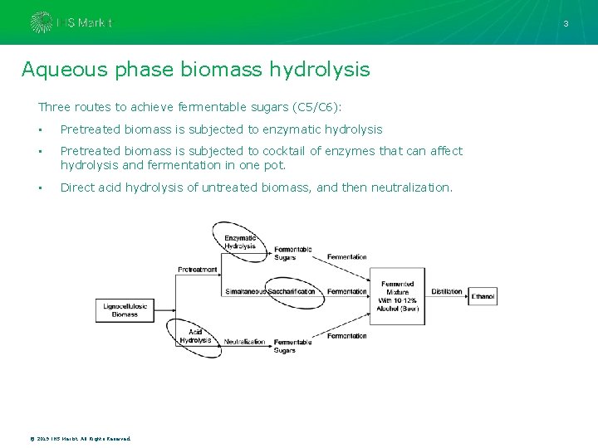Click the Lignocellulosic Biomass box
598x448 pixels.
pyautogui.click(x=125, y=310)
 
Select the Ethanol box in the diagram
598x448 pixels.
pyautogui.click(x=483, y=296)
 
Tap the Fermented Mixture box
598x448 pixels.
pyautogui.click(x=398, y=296)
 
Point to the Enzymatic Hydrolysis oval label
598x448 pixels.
pyautogui.click(x=240, y=242)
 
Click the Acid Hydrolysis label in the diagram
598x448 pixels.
pyautogui.click(x=195, y=337)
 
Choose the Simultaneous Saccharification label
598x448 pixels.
pyautogui.click(x=271, y=291)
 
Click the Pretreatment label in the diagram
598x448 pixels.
pyautogui.click(x=198, y=270)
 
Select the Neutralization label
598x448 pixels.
pyautogui.click(x=244, y=342)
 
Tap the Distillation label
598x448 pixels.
pyautogui.click(x=447, y=292)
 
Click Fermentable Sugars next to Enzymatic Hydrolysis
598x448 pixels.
pyautogui.click(x=293, y=253)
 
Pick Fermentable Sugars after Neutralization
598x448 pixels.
pyautogui.click(x=292, y=346)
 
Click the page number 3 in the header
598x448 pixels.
pyautogui.click(x=566, y=23)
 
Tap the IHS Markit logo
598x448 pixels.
pyautogui.click(x=71, y=22)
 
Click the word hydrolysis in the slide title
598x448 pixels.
pyautogui.click(x=320, y=70)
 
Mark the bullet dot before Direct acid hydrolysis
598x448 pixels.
pyautogui.click(x=40, y=188)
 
